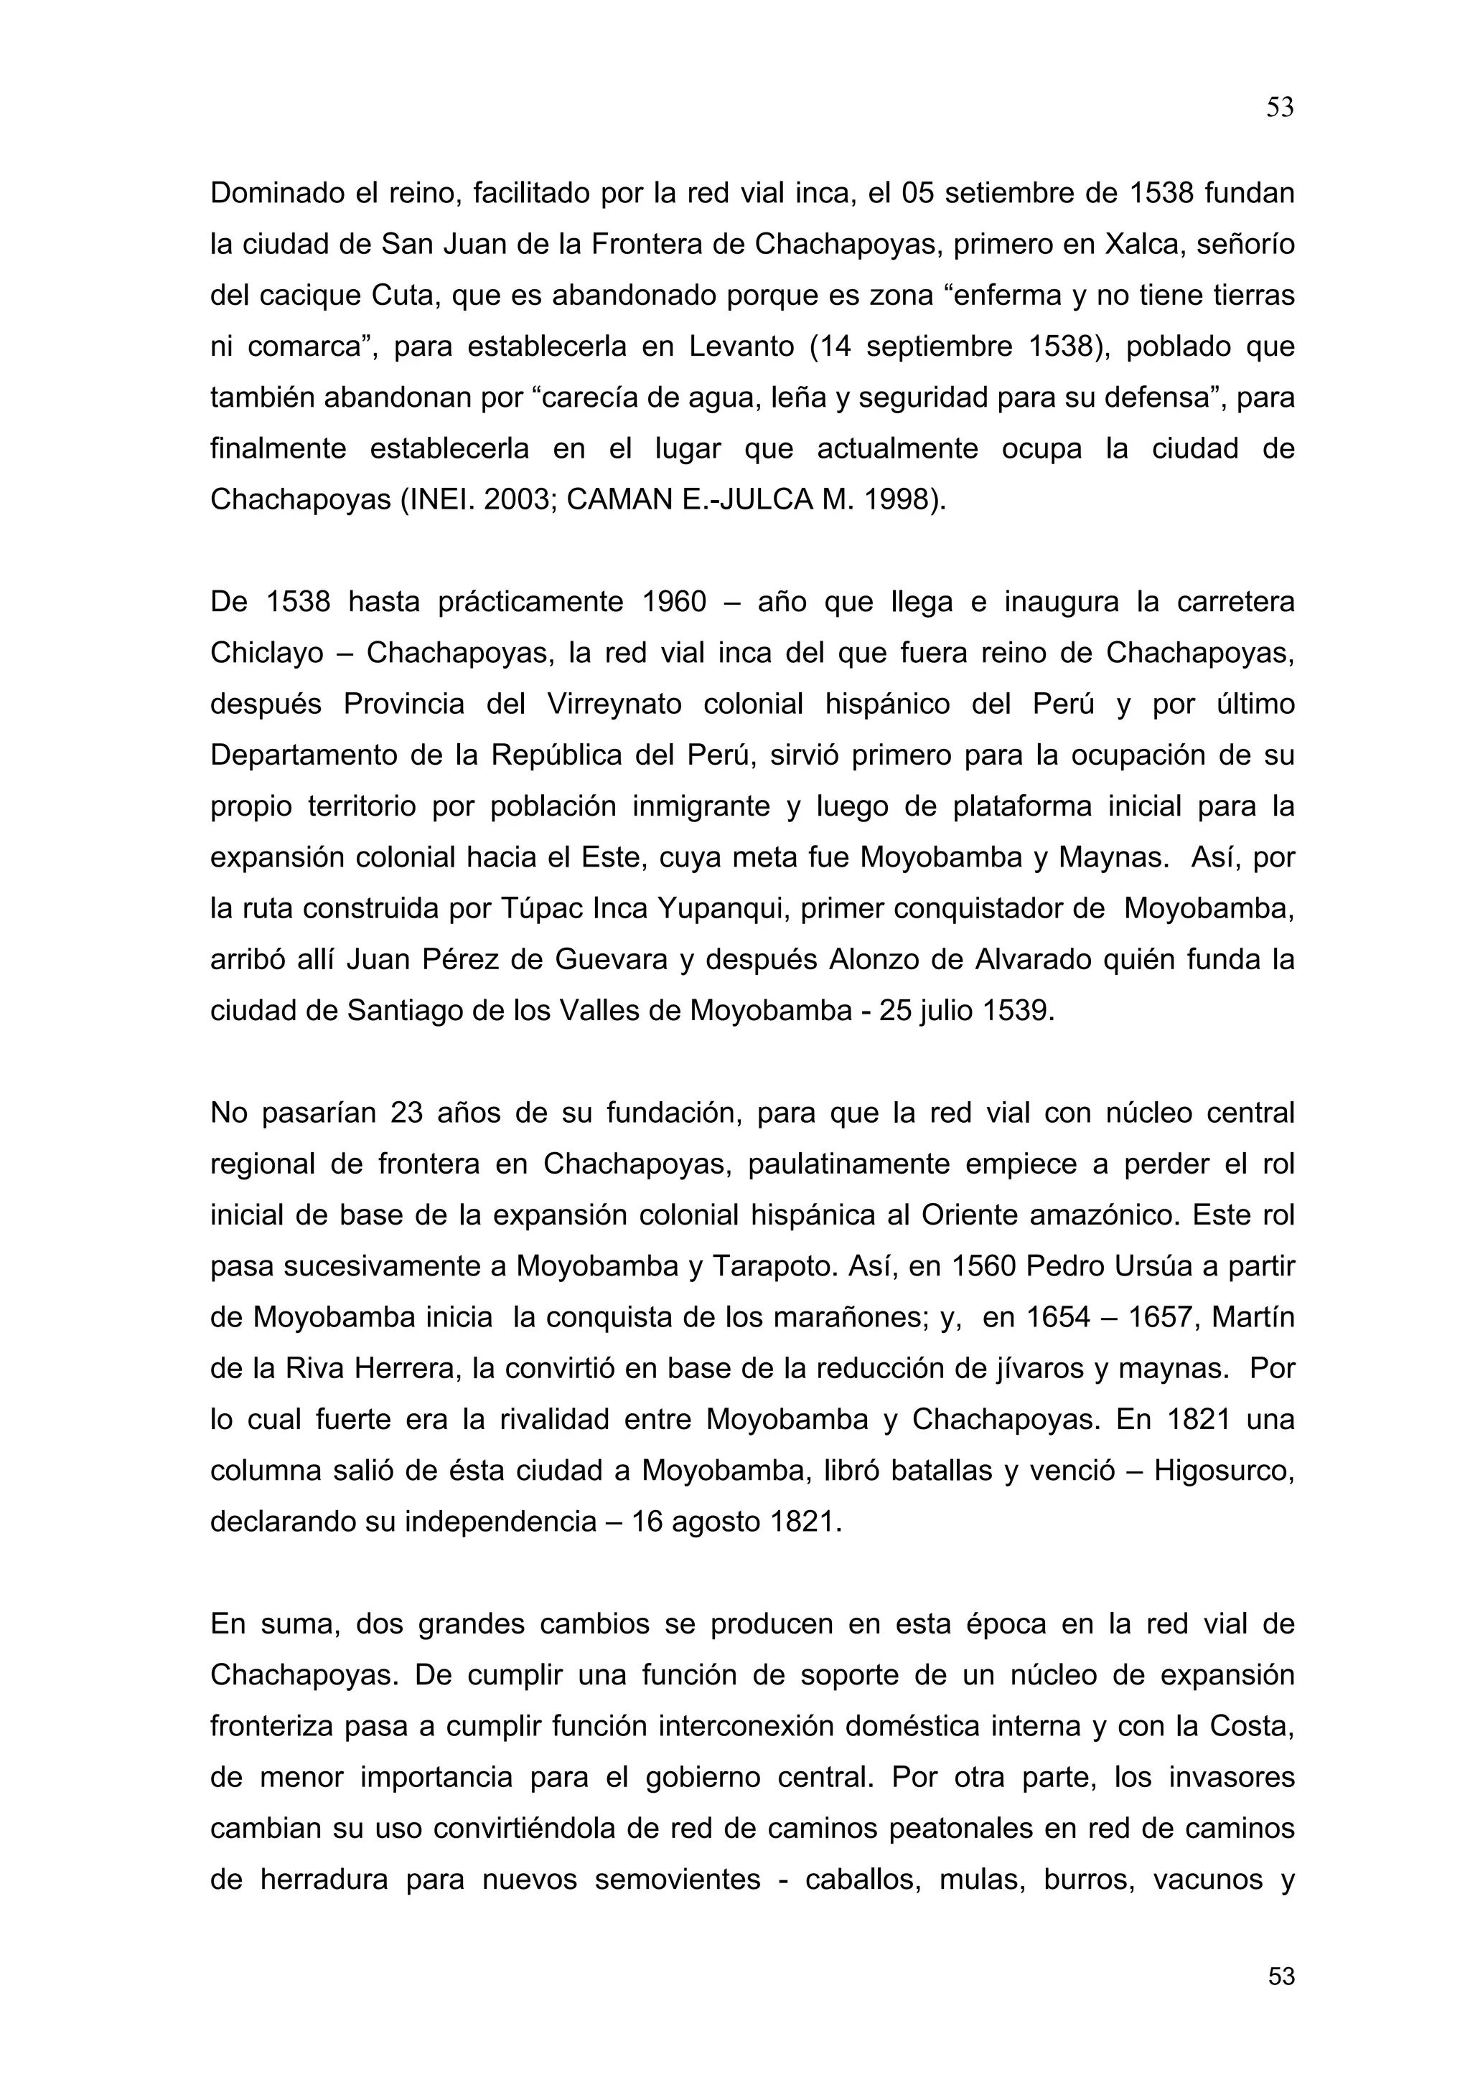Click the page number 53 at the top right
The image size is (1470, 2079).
pyautogui.click(x=1279, y=108)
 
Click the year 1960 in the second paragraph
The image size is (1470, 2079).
pyautogui.click(x=674, y=602)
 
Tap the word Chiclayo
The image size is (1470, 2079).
pyautogui.click(x=267, y=653)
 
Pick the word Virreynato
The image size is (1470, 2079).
pyautogui.click(x=614, y=704)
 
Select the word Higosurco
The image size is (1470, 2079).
pyautogui.click(x=1224, y=1471)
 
